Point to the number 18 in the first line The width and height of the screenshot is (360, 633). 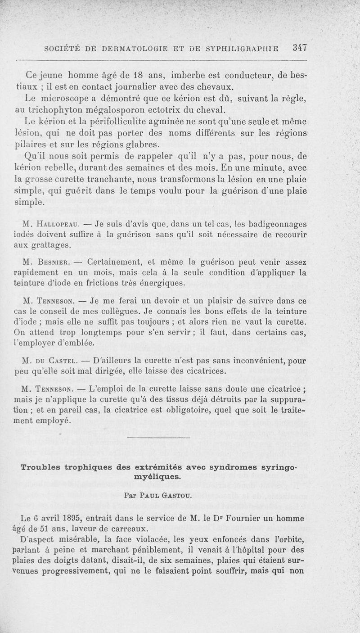[x=144, y=74]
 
